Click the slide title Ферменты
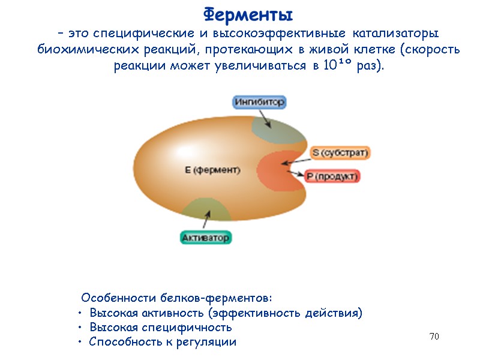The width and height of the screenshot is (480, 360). click(x=248, y=13)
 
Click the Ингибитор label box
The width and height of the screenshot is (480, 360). click(x=259, y=101)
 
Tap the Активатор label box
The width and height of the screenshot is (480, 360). click(x=206, y=238)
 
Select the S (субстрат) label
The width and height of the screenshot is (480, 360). click(x=340, y=153)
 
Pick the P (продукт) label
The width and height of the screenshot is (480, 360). click(x=332, y=176)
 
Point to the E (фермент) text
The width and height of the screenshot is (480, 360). click(x=212, y=170)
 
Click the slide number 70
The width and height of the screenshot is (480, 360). click(x=434, y=337)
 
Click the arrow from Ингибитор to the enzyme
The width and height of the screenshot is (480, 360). click(x=266, y=119)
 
